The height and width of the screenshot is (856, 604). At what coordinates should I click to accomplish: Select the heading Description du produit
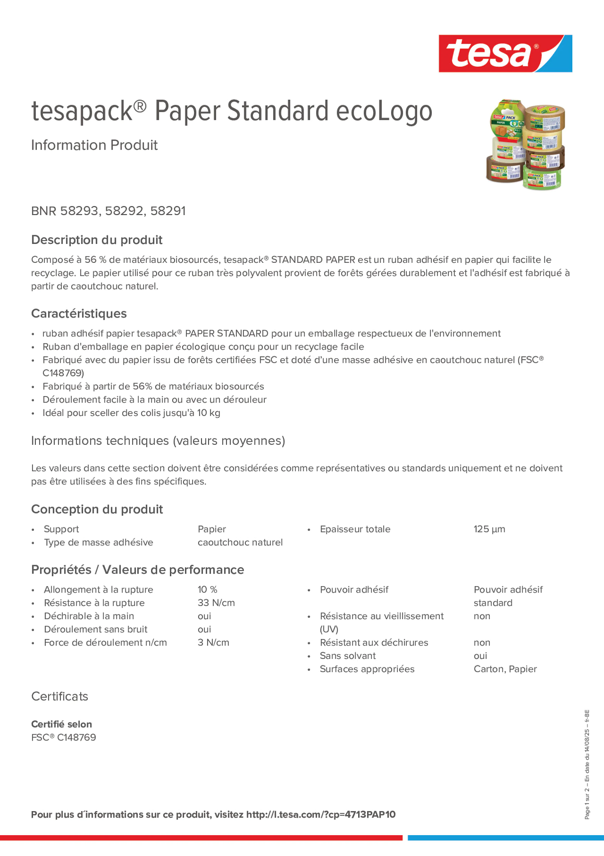click(97, 240)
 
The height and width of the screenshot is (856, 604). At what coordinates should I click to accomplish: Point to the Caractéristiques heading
click(79, 313)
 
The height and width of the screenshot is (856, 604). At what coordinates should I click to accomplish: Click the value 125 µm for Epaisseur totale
click(489, 529)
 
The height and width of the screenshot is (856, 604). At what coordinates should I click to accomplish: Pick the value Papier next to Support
click(212, 529)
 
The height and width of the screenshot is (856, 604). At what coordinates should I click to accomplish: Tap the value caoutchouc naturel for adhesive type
click(240, 543)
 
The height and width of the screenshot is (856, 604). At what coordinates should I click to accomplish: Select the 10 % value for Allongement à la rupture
click(207, 589)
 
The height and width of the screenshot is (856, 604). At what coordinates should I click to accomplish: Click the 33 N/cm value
click(216, 603)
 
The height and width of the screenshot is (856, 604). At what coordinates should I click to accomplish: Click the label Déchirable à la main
click(89, 616)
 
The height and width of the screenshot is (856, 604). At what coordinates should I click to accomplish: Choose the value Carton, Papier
click(505, 669)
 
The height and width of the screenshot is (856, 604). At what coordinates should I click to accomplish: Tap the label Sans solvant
click(347, 656)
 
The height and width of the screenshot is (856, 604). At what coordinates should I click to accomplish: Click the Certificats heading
click(60, 696)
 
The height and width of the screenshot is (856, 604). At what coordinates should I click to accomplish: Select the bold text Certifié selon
click(61, 724)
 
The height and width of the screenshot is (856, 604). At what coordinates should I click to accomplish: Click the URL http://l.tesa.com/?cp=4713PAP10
click(321, 814)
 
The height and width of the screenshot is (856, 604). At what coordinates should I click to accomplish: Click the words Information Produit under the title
click(94, 145)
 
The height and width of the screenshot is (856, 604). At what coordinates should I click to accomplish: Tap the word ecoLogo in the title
click(384, 111)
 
